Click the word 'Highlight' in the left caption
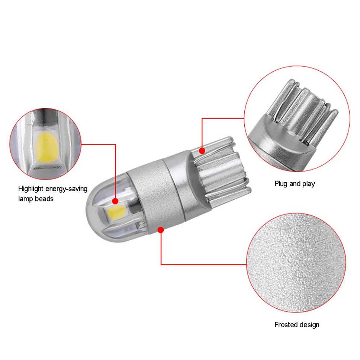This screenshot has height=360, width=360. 31,189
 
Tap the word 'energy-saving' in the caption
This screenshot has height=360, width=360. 67,189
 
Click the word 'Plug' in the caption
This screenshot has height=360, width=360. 281,184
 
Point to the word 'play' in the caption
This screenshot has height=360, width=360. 309,184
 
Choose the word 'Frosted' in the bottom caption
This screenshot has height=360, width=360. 285,325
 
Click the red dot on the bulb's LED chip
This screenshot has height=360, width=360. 115,201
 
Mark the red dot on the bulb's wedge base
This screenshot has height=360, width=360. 202,151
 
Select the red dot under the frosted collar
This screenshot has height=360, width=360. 161,229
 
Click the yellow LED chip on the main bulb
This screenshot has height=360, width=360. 117,212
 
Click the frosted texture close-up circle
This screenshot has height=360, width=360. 296,263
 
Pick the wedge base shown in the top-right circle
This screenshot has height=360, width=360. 296,124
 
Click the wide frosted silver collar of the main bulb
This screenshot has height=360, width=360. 156,195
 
